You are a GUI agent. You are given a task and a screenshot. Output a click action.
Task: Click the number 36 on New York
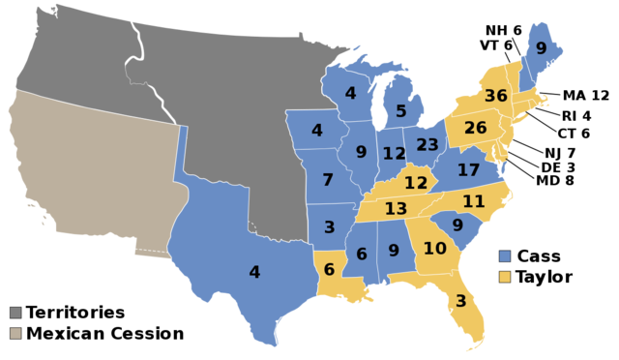pos(495,96)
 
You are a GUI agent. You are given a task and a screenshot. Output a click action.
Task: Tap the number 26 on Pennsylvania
pos(475,128)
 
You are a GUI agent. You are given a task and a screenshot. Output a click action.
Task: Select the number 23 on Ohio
pos(427,145)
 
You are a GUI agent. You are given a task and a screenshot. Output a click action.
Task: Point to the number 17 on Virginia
pos(468,170)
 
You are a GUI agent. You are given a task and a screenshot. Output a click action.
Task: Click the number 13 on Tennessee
pos(395,209)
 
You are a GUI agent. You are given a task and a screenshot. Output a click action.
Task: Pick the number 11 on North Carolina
pos(473,201)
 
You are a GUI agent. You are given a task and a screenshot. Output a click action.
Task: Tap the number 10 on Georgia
pos(434,249)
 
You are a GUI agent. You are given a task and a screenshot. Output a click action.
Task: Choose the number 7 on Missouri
pos(328,180)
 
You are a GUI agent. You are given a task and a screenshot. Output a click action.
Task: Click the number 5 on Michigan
pos(400,111)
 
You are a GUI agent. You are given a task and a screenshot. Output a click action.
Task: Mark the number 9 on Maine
pos(541,48)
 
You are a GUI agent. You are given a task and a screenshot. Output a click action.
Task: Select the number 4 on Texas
pos(254,273)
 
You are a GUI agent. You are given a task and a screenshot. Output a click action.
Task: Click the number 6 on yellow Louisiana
pos(329,270)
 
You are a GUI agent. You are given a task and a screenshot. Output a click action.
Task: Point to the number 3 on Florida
pos(460,301)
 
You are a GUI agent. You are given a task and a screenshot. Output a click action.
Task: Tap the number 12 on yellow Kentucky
pos(416,183)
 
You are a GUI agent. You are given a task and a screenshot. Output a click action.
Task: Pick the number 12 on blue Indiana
pos(394,154)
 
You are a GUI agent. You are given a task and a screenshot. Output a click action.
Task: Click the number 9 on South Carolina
pos(457,225)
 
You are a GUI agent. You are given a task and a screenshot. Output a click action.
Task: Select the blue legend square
pos(504,256)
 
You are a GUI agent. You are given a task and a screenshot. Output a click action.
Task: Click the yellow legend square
pos(504,277)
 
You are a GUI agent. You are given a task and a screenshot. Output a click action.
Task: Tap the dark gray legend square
pos(15,313)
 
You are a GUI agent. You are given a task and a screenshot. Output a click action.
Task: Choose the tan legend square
pos(15,333)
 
